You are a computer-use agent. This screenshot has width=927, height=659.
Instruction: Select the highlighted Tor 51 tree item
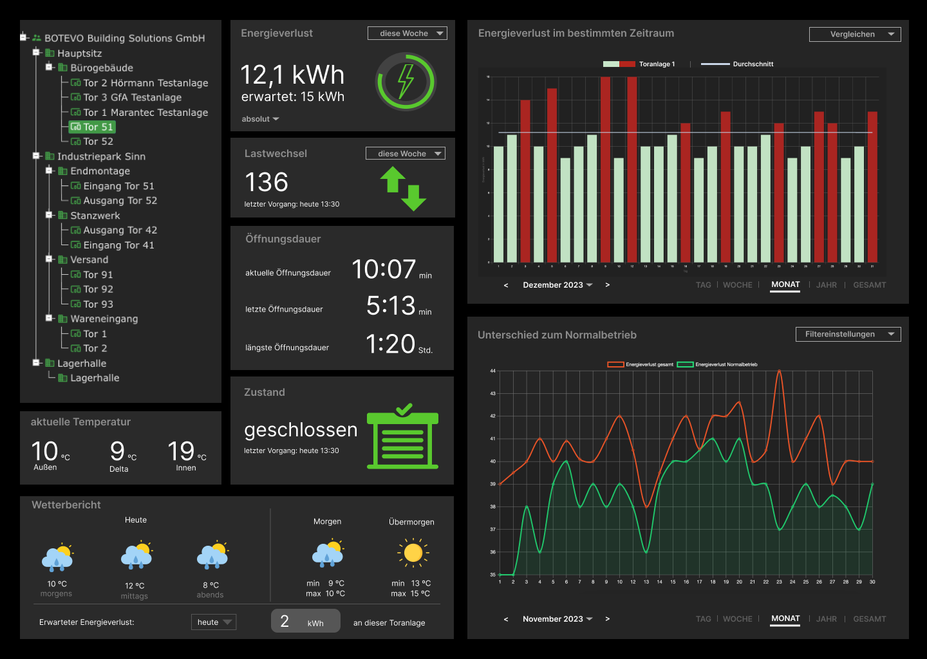point(91,127)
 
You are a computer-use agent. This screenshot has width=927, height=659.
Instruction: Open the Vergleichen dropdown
point(854,34)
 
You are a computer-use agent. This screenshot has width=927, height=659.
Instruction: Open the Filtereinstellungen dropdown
point(848,334)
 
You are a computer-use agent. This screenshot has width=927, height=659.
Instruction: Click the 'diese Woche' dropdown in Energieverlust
point(407,33)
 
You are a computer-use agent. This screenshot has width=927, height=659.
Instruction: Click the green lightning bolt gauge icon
point(406,82)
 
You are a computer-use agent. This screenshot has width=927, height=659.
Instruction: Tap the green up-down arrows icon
point(403,189)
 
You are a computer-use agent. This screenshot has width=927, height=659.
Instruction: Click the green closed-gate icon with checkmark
point(402,437)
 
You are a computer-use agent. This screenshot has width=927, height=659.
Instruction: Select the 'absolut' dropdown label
point(260,119)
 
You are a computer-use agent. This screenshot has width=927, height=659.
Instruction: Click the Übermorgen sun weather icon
point(413,553)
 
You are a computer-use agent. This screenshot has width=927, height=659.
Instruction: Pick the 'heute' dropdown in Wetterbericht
point(214,622)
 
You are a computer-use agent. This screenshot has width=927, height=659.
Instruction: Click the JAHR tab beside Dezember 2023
point(827,285)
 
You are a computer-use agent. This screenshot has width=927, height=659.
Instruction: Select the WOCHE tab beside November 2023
point(737,619)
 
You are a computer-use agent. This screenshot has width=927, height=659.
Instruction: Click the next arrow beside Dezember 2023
point(607,285)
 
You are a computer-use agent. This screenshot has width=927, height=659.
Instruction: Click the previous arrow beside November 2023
point(506,619)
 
